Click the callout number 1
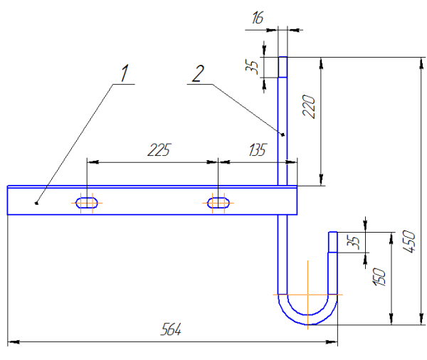point(125,73)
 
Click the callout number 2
point(199,72)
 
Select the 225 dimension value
point(159,150)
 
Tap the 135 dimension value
point(255,150)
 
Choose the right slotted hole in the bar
point(219,203)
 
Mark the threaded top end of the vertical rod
point(283,67)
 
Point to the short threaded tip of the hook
point(332,241)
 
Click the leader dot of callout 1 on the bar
point(36,203)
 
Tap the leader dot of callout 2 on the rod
point(283,134)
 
